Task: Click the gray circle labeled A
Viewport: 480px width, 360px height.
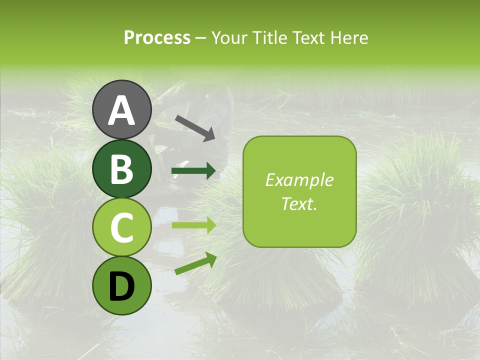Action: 122,109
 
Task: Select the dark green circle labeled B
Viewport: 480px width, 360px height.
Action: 122,168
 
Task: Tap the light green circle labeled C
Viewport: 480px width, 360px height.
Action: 122,227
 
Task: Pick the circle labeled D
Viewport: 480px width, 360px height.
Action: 122,285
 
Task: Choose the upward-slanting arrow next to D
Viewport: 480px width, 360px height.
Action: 195,263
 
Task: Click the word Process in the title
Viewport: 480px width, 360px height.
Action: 157,38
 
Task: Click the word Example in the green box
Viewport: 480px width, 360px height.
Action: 299,180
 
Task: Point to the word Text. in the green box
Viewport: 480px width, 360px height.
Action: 299,204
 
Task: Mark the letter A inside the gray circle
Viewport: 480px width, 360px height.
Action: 122,110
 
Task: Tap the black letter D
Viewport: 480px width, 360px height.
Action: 122,286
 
